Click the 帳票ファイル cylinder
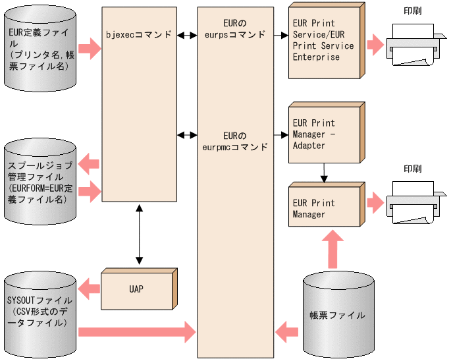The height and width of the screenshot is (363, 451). coord(337,315)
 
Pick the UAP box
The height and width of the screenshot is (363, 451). coord(136,289)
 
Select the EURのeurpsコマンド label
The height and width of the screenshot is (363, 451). coord(235,28)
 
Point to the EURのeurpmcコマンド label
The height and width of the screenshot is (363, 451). coord(235,141)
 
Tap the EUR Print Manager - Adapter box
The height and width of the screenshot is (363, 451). coord(325,134)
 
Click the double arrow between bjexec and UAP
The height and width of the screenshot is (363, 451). coord(138,234)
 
